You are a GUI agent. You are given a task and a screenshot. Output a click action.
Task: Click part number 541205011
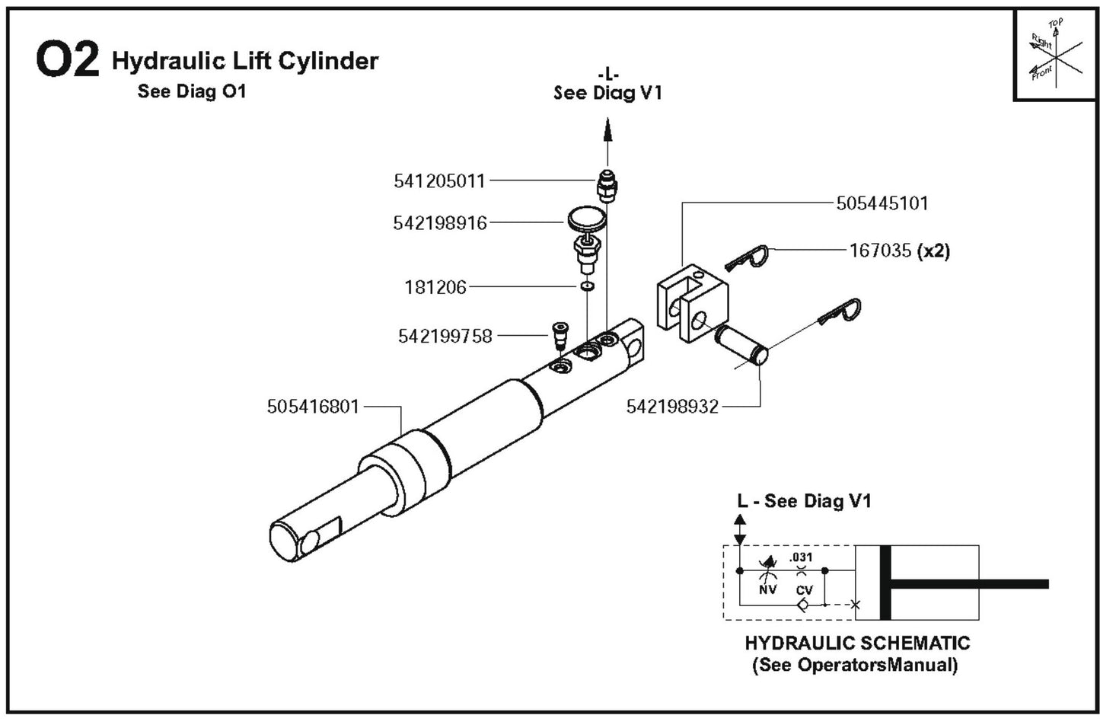tap(439, 181)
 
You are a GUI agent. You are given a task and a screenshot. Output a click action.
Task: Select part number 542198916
tap(439, 223)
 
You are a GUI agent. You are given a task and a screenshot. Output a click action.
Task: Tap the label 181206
tap(435, 287)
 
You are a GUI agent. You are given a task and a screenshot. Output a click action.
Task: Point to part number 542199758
tap(445, 336)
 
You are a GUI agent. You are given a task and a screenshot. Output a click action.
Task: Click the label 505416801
tap(313, 407)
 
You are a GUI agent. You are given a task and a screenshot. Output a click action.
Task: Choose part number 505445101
tap(882, 203)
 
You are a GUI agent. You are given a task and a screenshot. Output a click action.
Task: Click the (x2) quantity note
tap(933, 251)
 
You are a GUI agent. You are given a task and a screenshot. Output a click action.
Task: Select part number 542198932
tap(672, 407)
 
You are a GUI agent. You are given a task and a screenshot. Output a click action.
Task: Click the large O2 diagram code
tap(67, 61)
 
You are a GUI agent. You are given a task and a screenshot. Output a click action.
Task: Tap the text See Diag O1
tap(192, 91)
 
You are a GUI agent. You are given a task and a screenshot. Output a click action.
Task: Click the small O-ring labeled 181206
tap(586, 287)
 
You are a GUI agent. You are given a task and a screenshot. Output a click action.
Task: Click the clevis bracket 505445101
tap(692, 301)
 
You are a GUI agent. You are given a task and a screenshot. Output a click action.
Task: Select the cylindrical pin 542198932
tap(741, 343)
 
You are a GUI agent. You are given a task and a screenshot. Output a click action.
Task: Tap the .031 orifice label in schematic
tap(801, 557)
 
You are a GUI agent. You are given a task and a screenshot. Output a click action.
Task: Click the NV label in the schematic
tap(767, 589)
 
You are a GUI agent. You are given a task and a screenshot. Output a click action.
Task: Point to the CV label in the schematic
tap(804, 589)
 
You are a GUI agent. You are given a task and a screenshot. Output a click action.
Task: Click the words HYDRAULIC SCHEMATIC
tap(857, 643)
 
